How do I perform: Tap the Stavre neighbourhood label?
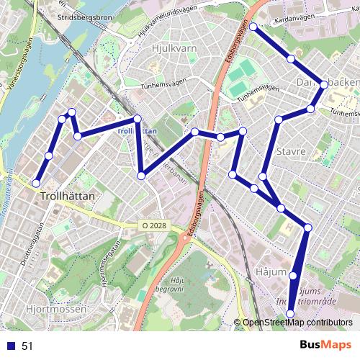pyautogui.click(x=291, y=152)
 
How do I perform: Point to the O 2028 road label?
pyautogui.click(x=153, y=225)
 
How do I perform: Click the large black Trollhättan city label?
pyautogui.click(x=69, y=195)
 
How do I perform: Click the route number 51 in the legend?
pyautogui.click(x=27, y=346)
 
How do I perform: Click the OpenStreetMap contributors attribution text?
pyautogui.click(x=297, y=323)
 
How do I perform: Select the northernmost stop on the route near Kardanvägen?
pyautogui.click(x=253, y=27)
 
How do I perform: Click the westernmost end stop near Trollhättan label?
pyautogui.click(x=37, y=183)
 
